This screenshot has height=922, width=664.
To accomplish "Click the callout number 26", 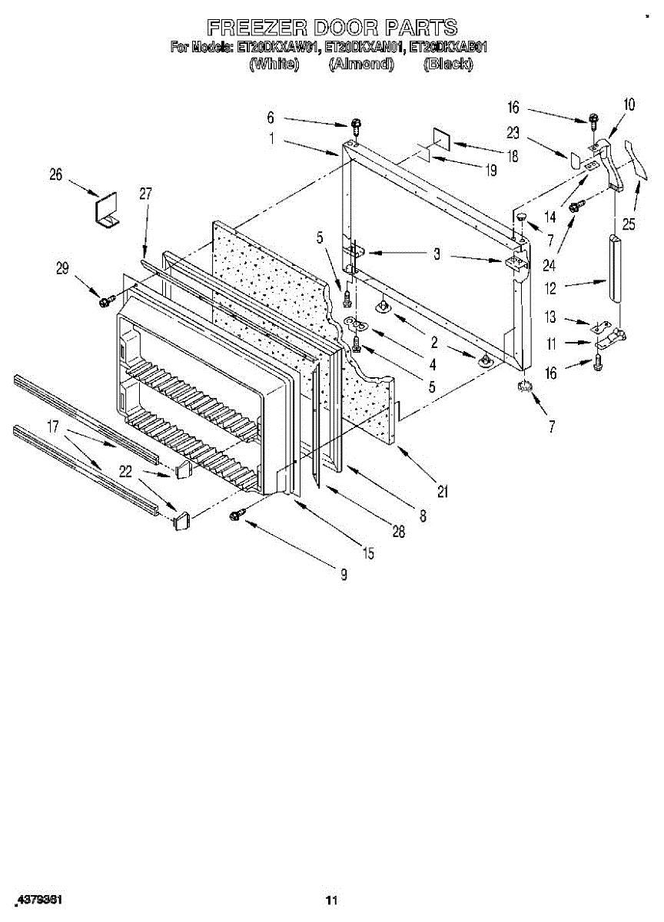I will coord(55,174).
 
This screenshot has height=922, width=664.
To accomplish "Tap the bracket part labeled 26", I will coord(105,209).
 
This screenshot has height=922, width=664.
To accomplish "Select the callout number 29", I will coord(62,268).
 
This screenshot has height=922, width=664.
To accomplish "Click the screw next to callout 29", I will coord(106,299).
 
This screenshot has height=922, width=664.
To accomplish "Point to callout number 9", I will coord(344,573).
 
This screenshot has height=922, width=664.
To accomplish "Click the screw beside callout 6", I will coord(356,124).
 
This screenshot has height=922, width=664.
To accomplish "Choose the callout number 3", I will coord(436,254).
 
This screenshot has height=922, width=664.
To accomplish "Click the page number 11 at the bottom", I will coord(331,900).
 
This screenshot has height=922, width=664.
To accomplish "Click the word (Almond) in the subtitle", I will coord(361,65).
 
